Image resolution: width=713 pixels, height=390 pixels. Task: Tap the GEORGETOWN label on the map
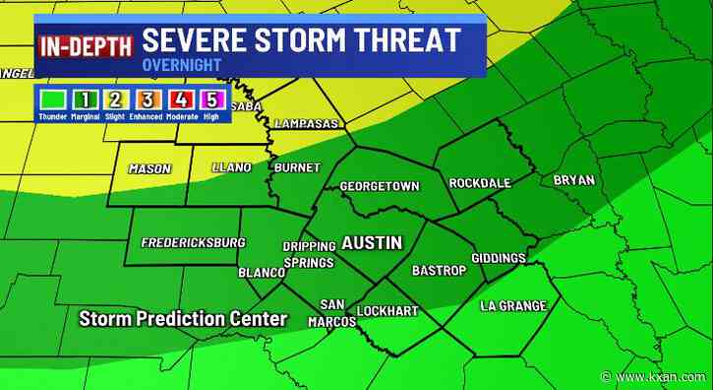tap(379, 186)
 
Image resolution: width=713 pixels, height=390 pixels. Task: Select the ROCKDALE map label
tap(481, 183)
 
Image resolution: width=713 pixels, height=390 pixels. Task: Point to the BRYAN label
tap(573, 180)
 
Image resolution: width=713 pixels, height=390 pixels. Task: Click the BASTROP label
tap(436, 269)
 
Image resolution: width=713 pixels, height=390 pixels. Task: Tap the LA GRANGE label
tap(512, 306)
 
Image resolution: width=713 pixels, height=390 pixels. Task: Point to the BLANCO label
tap(261, 273)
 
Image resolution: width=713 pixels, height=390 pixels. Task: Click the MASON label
tap(149, 169)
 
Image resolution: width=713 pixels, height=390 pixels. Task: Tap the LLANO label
tap(232, 168)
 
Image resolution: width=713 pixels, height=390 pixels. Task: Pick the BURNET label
tap(296, 168)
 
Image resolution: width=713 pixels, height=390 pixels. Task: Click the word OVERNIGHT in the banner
tap(181, 65)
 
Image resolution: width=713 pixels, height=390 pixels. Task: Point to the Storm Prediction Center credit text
tap(183, 319)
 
